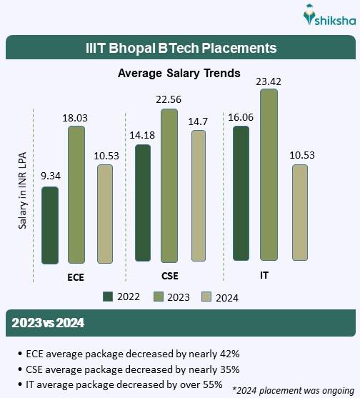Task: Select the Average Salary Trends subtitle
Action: click(179, 73)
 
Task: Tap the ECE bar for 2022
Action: click(50, 225)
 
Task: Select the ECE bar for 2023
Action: click(76, 194)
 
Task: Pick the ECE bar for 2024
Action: click(105, 214)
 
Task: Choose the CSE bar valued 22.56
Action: click(169, 185)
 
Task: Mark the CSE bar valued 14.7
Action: click(198, 196)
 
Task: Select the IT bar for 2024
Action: click(299, 212)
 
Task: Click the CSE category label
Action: click(170, 275)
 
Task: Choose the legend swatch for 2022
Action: click(108, 297)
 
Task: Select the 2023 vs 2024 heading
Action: click(49, 323)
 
